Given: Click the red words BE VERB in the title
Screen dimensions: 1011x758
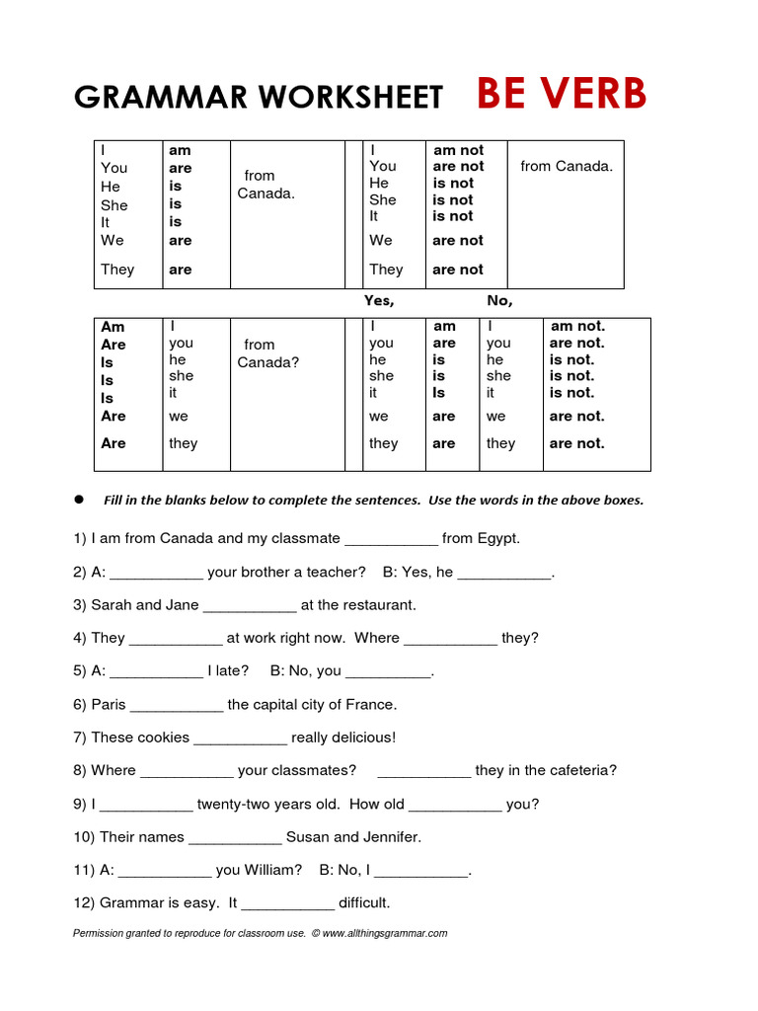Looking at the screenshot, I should [x=562, y=94].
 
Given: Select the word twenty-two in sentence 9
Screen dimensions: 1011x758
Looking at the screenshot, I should [x=234, y=804].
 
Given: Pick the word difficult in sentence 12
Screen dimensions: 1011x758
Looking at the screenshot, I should [x=364, y=902].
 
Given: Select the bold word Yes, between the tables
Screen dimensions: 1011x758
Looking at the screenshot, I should [x=379, y=301].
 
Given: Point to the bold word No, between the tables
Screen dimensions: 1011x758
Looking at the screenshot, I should [x=499, y=301].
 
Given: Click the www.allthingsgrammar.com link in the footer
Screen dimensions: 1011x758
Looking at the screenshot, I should [x=384, y=933].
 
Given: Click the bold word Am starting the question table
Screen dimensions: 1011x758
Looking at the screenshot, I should [x=113, y=327].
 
